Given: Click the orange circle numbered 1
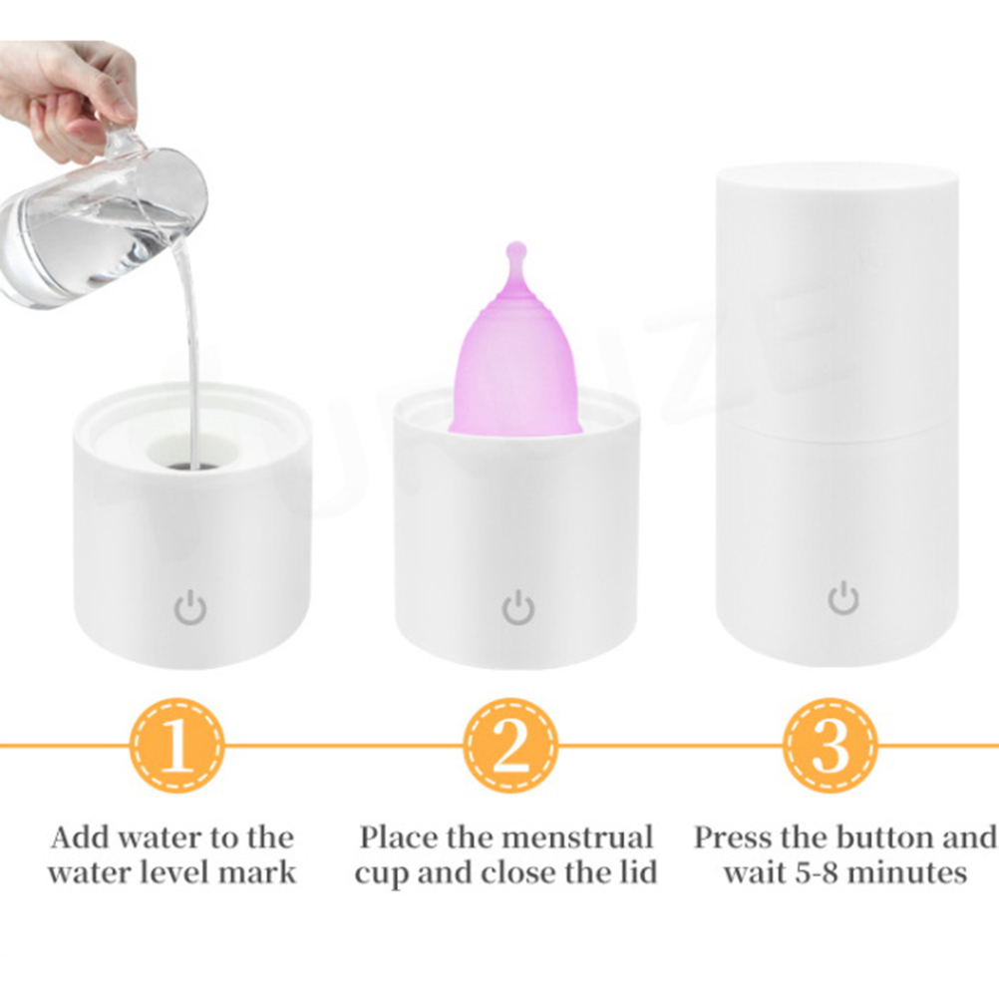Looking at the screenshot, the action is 177,746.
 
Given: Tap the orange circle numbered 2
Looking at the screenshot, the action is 510,746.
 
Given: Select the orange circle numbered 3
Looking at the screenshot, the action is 831,746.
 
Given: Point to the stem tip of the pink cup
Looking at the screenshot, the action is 515,246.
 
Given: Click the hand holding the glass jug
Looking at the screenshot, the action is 67,89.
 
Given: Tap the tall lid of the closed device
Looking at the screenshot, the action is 837,295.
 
